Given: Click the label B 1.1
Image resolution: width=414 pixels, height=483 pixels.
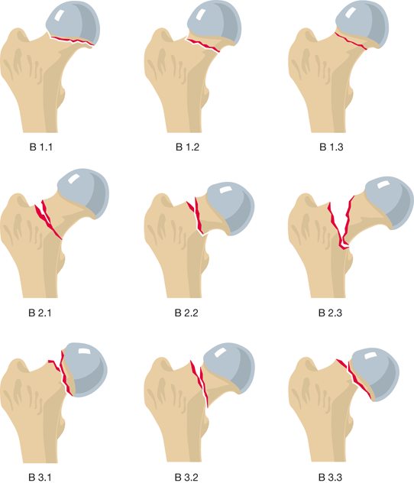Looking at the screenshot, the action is tap(41, 147).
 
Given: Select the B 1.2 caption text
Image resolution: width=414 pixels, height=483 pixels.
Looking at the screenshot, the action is tap(187, 147).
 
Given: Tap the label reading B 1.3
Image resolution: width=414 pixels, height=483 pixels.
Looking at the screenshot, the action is tap(332, 147).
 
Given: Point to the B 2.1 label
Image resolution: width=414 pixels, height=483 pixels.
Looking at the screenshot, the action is tap(40, 313).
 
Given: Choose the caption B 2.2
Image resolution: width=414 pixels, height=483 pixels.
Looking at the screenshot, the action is tap(186, 313).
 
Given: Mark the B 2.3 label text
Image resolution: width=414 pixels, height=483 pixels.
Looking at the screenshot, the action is tap(330, 313).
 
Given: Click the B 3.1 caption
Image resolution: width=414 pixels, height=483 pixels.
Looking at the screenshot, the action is tap(40, 478).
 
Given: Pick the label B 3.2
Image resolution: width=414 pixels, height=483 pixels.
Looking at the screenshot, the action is tap(186, 478).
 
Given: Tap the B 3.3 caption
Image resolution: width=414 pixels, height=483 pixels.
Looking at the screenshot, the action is tap(330, 478).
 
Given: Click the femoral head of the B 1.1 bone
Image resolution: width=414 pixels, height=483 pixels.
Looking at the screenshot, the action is tap(74, 23).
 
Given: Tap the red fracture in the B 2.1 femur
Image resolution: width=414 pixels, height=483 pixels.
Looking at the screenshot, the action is tap(47, 219).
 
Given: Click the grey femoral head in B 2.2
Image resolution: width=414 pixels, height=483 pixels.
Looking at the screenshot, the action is tap(231, 208).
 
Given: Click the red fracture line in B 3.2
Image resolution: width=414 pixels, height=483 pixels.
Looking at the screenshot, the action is tap(199, 382).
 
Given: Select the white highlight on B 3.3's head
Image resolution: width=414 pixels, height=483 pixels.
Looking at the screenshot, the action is tap(369, 356).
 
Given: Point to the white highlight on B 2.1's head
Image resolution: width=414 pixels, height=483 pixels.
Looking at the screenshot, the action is tap(74, 179).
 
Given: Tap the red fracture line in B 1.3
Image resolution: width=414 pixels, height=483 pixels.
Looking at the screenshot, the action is tap(351, 41).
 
